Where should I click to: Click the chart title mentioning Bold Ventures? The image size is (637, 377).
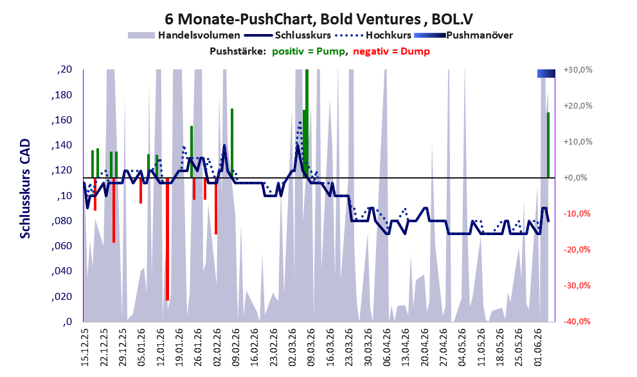[319, 19]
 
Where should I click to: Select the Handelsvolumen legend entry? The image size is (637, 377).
[184, 35]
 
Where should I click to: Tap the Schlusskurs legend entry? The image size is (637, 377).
[288, 35]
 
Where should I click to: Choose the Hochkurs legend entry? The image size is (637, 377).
[373, 35]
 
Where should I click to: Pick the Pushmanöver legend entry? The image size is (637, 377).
[463, 35]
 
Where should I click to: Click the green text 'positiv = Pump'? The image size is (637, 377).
[309, 51]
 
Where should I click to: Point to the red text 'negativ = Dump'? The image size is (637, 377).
[391, 51]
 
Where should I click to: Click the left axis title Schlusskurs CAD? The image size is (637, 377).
[25, 189]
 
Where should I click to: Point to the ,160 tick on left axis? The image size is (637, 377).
[62, 120]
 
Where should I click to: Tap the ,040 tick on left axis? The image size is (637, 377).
[62, 271]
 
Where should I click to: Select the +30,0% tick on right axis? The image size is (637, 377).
[578, 70]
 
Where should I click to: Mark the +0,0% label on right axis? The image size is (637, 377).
[575, 178]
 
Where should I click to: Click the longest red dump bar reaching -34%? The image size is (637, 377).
[167, 239]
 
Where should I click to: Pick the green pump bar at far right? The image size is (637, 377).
[548, 145]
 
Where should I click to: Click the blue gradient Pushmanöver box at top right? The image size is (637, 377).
[546, 73]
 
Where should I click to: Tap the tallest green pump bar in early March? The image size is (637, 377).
[307, 123]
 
